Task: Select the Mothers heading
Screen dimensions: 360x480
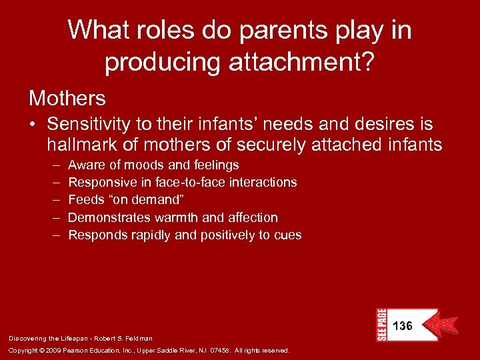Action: click(x=67, y=98)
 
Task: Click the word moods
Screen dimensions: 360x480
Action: click(x=141, y=164)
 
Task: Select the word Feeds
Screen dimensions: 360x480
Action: click(x=86, y=199)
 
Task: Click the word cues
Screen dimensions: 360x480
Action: click(x=289, y=235)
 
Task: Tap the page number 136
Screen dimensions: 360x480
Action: click(x=403, y=326)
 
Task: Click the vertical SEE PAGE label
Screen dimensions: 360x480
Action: click(x=381, y=325)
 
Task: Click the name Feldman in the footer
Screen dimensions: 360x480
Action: click(x=139, y=339)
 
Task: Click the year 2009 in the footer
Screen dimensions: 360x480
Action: click(x=55, y=351)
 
